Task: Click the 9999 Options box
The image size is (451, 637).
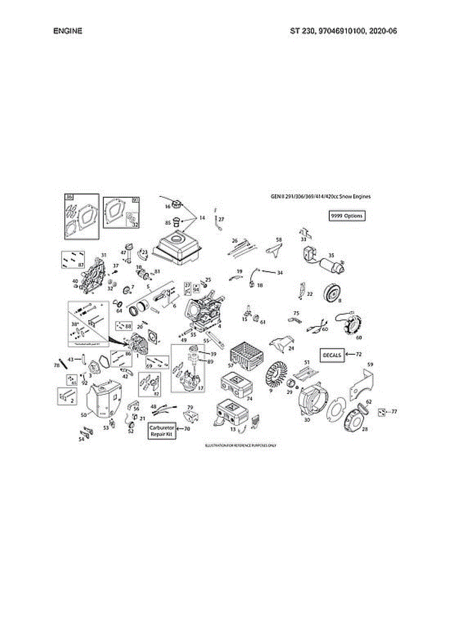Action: [x=347, y=216]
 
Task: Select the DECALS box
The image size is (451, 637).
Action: [x=333, y=355]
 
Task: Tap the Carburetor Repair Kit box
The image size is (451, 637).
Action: [x=162, y=431]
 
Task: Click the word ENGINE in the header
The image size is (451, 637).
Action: [x=68, y=31]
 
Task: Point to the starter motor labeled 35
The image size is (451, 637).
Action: [x=323, y=261]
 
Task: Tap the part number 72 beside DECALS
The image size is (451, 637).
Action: [x=359, y=354]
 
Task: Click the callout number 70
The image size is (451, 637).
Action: [x=187, y=428]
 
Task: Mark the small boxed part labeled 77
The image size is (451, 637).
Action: [x=381, y=412]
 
